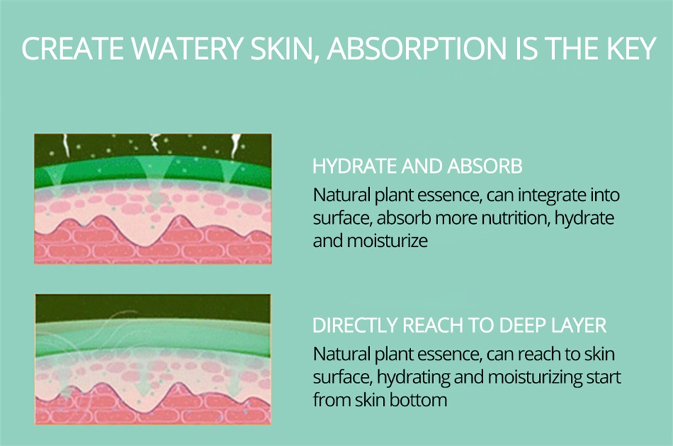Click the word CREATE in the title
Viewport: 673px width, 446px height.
pos(73,48)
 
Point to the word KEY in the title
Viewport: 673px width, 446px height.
pos(631,48)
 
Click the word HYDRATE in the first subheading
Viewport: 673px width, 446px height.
pos(355,166)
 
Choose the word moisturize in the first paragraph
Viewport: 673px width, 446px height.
pos(387,241)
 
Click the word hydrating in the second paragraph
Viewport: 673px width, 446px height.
pos(412,378)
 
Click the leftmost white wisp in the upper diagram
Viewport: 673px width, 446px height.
pos(65,145)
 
